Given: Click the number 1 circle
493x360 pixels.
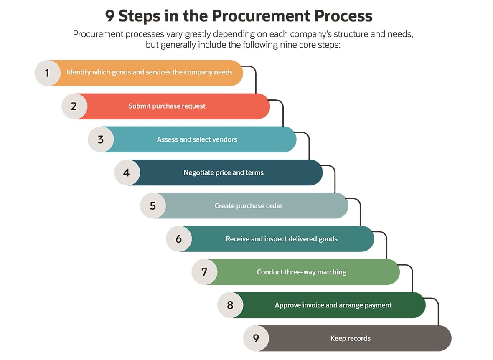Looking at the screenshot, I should point(47,73).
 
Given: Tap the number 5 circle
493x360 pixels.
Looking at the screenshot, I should point(153,205).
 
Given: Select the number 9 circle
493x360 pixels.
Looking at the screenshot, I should point(256,338).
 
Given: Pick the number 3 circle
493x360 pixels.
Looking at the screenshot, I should point(101,139).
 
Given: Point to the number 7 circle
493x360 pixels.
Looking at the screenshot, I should point(204,272).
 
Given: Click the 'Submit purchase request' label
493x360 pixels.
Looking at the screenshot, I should point(167,106).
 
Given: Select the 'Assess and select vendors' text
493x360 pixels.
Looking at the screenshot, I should point(197,139).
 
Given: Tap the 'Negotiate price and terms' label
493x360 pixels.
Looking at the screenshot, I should point(224,172).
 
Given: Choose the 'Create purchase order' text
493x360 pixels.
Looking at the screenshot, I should point(249,205).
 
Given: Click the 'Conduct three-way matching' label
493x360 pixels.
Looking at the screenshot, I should point(301,272).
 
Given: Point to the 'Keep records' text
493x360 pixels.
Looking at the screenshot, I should point(350,338).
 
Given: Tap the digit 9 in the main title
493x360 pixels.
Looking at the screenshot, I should point(109,16).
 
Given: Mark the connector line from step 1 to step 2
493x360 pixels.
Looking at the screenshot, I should point(255,79).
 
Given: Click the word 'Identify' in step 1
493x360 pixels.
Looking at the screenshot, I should point(79,72).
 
